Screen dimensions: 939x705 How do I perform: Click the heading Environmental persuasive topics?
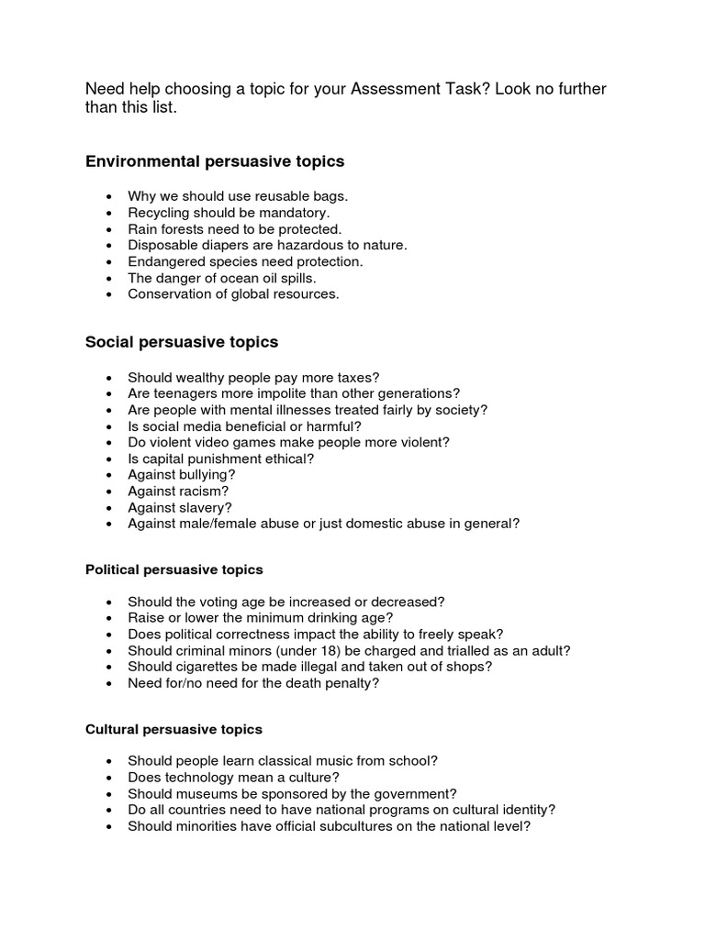point(215,161)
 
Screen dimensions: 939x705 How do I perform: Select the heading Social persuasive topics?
point(182,342)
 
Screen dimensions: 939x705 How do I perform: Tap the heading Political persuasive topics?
point(174,569)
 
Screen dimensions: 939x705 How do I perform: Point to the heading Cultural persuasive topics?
point(173,729)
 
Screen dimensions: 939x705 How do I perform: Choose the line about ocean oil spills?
point(221,278)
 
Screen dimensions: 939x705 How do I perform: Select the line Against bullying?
point(182,474)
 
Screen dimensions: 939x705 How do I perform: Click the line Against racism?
point(178,491)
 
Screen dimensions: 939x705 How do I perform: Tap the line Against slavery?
point(180,507)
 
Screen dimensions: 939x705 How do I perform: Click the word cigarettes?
point(202,667)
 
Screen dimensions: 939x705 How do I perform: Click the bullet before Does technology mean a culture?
point(110,778)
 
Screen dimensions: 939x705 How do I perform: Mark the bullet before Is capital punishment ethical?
point(110,458)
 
